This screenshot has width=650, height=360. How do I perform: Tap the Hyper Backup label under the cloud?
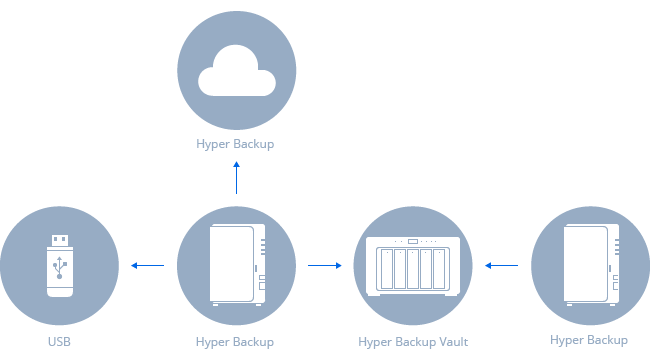point(235,144)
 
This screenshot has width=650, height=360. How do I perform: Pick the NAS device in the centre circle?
point(236,265)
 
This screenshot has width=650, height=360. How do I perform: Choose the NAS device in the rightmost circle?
point(590,265)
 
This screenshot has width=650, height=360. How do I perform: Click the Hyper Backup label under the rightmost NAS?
point(590,341)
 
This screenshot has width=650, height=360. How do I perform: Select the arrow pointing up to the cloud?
point(236,175)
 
